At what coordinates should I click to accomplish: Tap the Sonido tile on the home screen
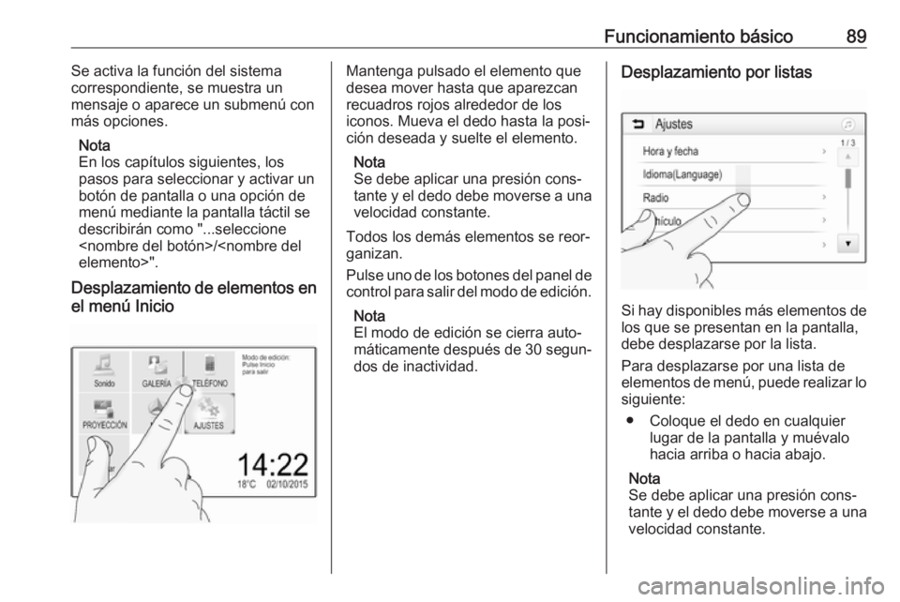click(x=104, y=371)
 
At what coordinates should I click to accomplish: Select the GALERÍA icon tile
click(x=156, y=371)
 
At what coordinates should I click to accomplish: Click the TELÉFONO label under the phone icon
click(x=209, y=383)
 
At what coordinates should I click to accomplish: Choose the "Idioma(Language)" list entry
click(x=681, y=174)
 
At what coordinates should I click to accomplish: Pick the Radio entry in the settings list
click(x=655, y=198)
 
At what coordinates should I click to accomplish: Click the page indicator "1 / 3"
click(x=847, y=143)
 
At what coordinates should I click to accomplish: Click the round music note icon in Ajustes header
click(x=847, y=123)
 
